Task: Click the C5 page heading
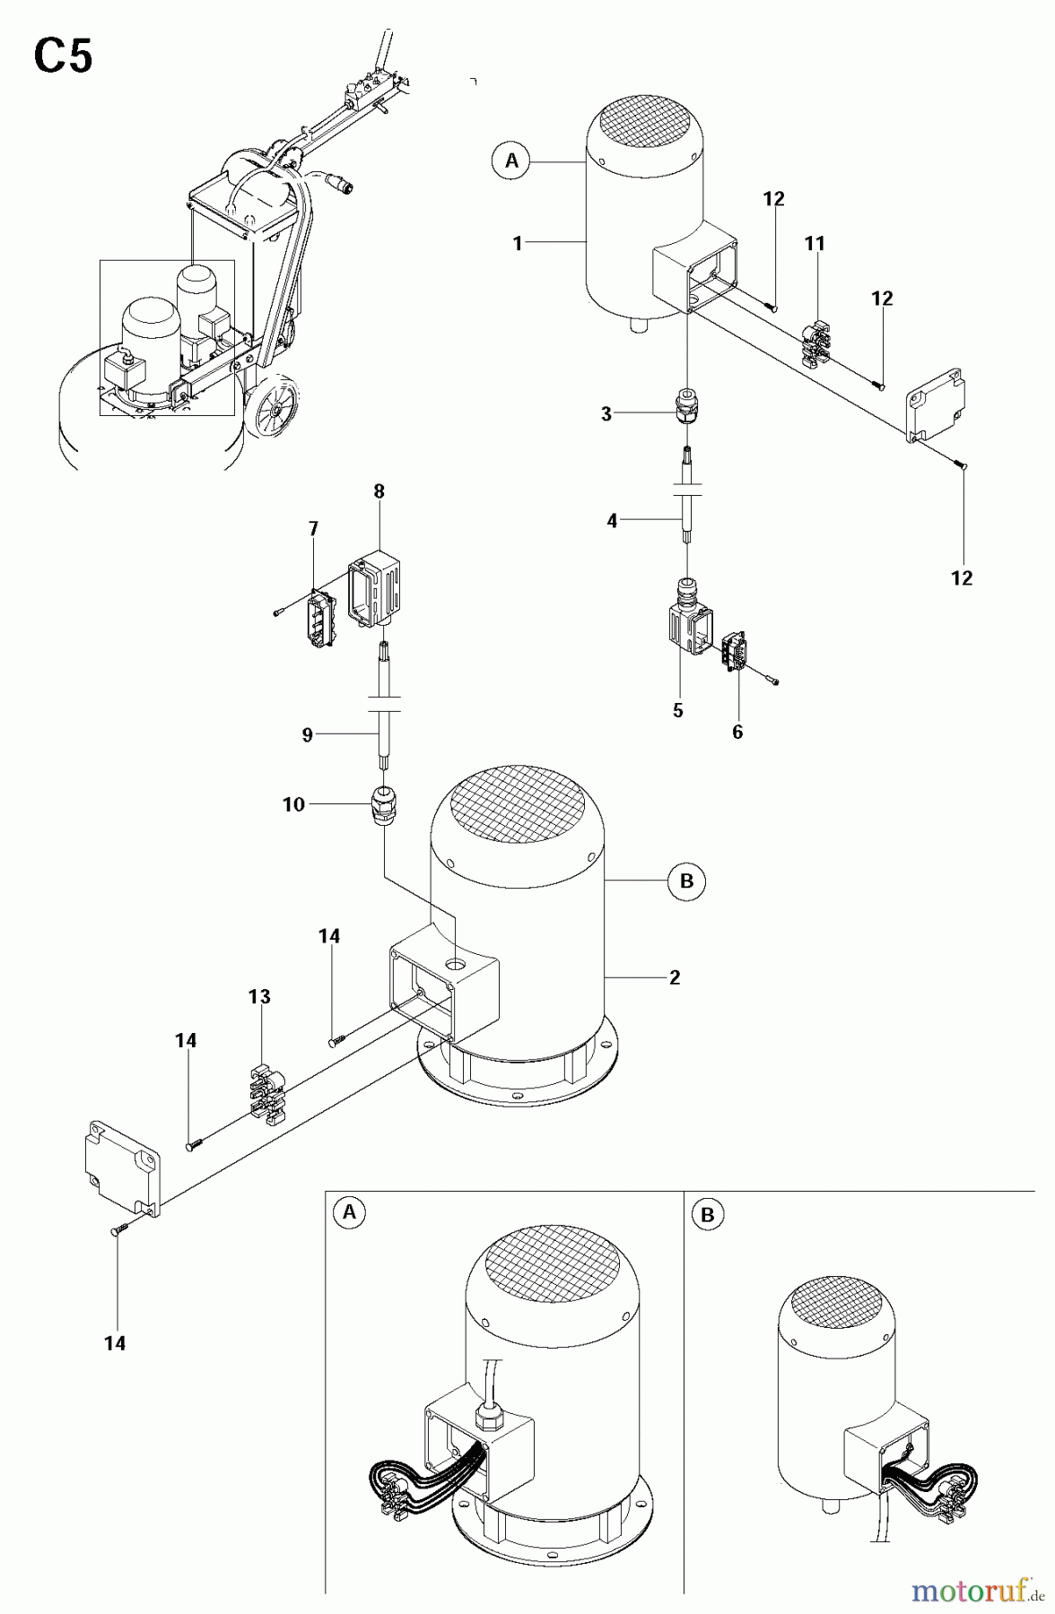coord(63,58)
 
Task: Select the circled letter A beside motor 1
coord(511,161)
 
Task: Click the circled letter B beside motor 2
coord(686,881)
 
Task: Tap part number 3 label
coord(606,414)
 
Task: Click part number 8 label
coord(379,491)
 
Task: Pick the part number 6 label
coord(737,732)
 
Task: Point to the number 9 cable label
coord(307,735)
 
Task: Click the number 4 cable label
coord(612,520)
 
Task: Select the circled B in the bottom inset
coord(708,1215)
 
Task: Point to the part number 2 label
coord(674,977)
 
